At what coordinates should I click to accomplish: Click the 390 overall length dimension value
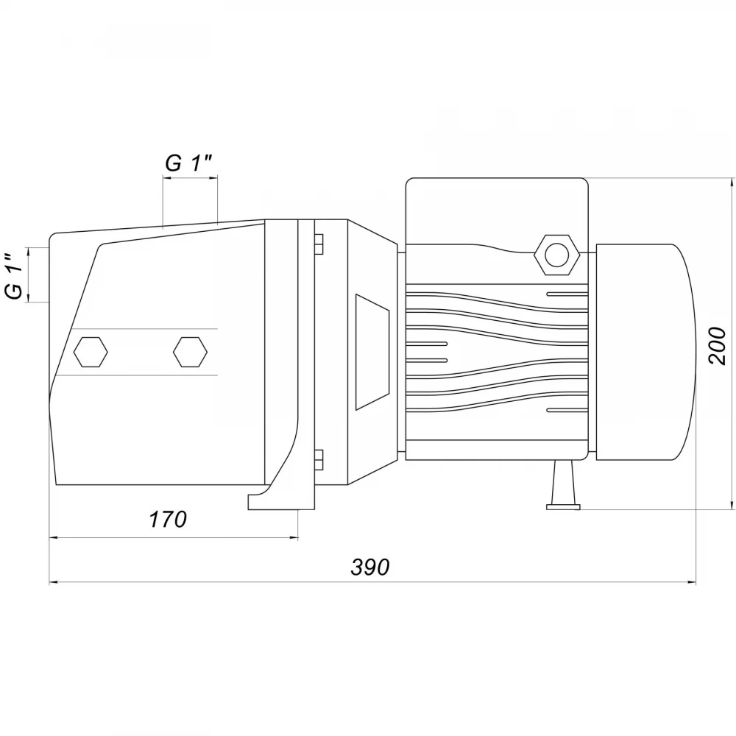click(370, 567)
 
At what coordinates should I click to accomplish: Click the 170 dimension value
click(168, 520)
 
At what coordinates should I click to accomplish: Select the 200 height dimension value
click(717, 346)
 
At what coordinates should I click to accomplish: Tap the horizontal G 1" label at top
click(188, 163)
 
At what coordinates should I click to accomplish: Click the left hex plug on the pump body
click(91, 352)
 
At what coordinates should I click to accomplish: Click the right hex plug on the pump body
click(190, 352)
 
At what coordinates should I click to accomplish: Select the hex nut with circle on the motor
click(557, 254)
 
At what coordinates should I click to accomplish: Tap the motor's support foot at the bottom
click(563, 485)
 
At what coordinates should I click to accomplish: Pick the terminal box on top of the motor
click(497, 211)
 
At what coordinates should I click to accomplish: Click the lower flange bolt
click(318, 459)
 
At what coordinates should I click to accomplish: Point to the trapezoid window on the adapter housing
click(372, 352)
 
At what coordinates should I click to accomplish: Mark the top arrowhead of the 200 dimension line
click(732, 183)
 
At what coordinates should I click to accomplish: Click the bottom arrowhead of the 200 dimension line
click(732, 504)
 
